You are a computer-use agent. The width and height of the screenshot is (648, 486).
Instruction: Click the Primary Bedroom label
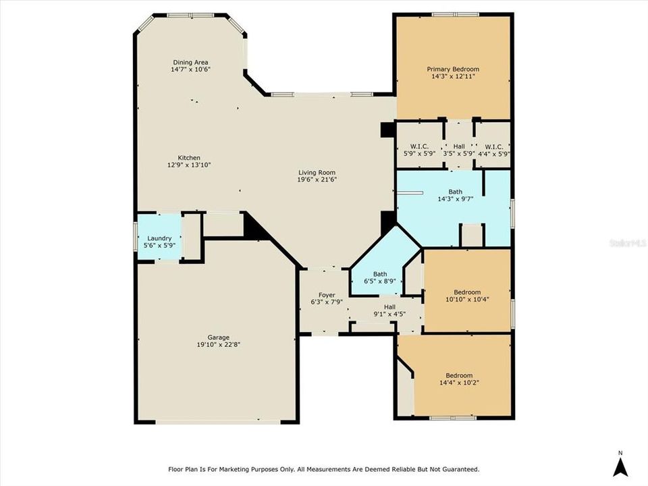coord(452,69)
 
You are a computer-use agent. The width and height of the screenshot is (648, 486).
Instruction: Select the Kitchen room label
coord(189,157)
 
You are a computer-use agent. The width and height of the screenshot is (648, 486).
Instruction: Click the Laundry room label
coord(159,238)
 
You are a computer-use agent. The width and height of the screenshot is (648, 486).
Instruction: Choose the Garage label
coord(218,337)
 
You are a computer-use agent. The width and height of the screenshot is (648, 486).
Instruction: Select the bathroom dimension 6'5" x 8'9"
coord(379,281)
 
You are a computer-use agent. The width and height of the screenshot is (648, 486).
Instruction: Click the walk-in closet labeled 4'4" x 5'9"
coord(493,153)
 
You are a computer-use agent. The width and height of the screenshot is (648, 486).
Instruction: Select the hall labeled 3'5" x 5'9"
coord(459,153)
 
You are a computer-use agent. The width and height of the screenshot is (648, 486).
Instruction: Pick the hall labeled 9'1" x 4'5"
coord(389,314)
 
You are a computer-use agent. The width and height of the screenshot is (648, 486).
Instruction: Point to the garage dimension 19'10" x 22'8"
coord(218,344)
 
